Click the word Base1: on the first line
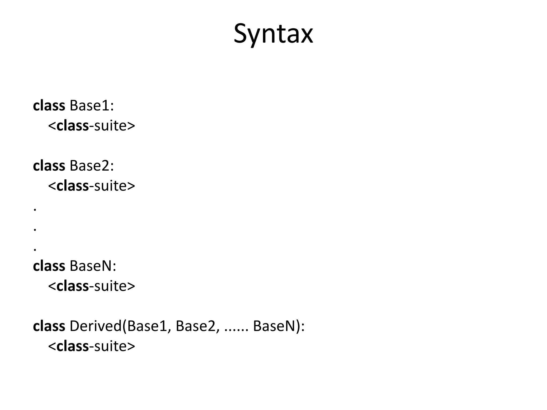pos(92,105)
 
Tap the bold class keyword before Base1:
pos(49,105)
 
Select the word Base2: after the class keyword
pos(92,165)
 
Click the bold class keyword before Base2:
pos(49,165)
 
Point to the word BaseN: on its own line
pos(93,266)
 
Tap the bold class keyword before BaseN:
pos(49,266)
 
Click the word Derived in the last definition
pos(95,326)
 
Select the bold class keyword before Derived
pos(49,326)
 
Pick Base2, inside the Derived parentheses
pos(198,326)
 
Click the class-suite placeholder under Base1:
pos(92,126)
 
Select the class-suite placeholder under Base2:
pos(92,186)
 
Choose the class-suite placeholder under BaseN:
pos(92,286)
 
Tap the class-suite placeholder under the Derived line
pos(92,346)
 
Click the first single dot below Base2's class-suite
pos(35,210)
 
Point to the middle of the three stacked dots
pos(35,230)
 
